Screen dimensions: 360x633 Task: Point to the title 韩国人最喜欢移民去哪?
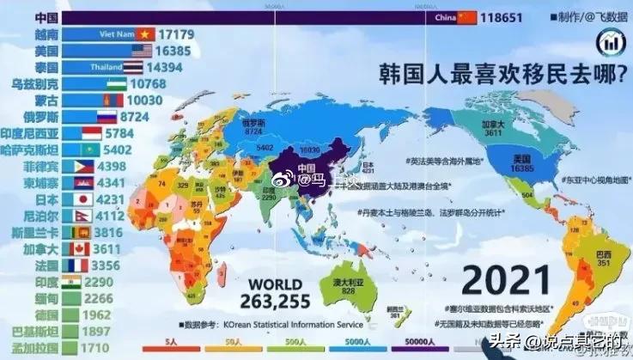503,74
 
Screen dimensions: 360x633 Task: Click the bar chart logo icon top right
612,39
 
